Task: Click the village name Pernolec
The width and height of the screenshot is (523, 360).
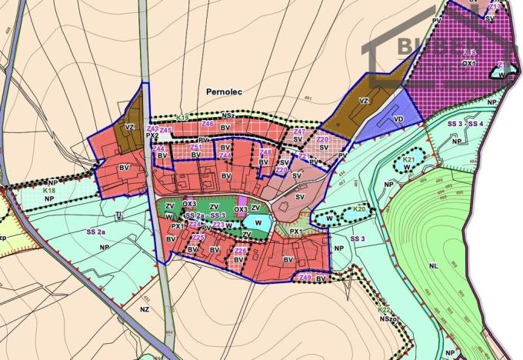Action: (224, 91)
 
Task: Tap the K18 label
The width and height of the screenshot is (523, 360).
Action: (51, 190)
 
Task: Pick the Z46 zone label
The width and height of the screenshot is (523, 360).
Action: (207, 123)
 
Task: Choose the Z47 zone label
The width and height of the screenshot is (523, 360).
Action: (300, 132)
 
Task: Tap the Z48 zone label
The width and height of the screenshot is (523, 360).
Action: (266, 152)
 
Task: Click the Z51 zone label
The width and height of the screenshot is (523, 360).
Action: (196, 147)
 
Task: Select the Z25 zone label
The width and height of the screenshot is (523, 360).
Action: (198, 238)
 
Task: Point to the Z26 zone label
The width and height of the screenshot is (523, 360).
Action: (240, 251)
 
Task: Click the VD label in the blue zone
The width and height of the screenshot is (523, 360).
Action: (398, 120)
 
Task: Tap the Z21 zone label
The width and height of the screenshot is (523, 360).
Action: (304, 156)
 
